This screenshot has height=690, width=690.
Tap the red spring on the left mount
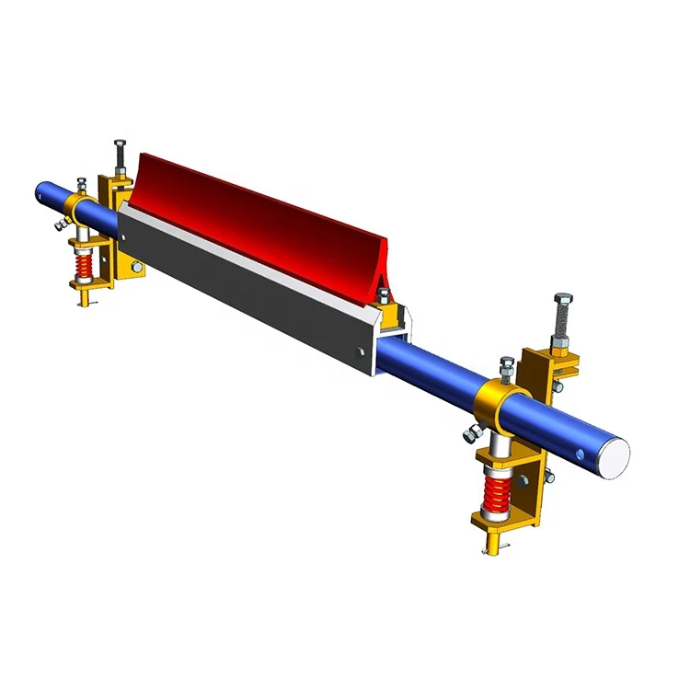85,268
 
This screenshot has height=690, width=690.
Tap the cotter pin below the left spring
84,303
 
